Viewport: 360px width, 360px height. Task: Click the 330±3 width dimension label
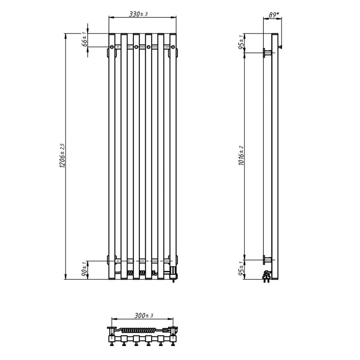(x=138, y=14)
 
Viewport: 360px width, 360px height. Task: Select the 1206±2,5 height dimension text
(x=62, y=156)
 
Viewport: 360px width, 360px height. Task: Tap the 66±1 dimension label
(x=84, y=39)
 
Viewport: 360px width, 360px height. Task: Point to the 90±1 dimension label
(x=84, y=270)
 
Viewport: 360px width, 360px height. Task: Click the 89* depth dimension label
(x=274, y=15)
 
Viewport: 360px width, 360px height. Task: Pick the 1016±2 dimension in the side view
(x=241, y=156)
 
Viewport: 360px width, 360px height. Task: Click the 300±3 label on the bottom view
(x=144, y=315)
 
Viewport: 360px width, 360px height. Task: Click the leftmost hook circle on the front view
(x=112, y=47)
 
